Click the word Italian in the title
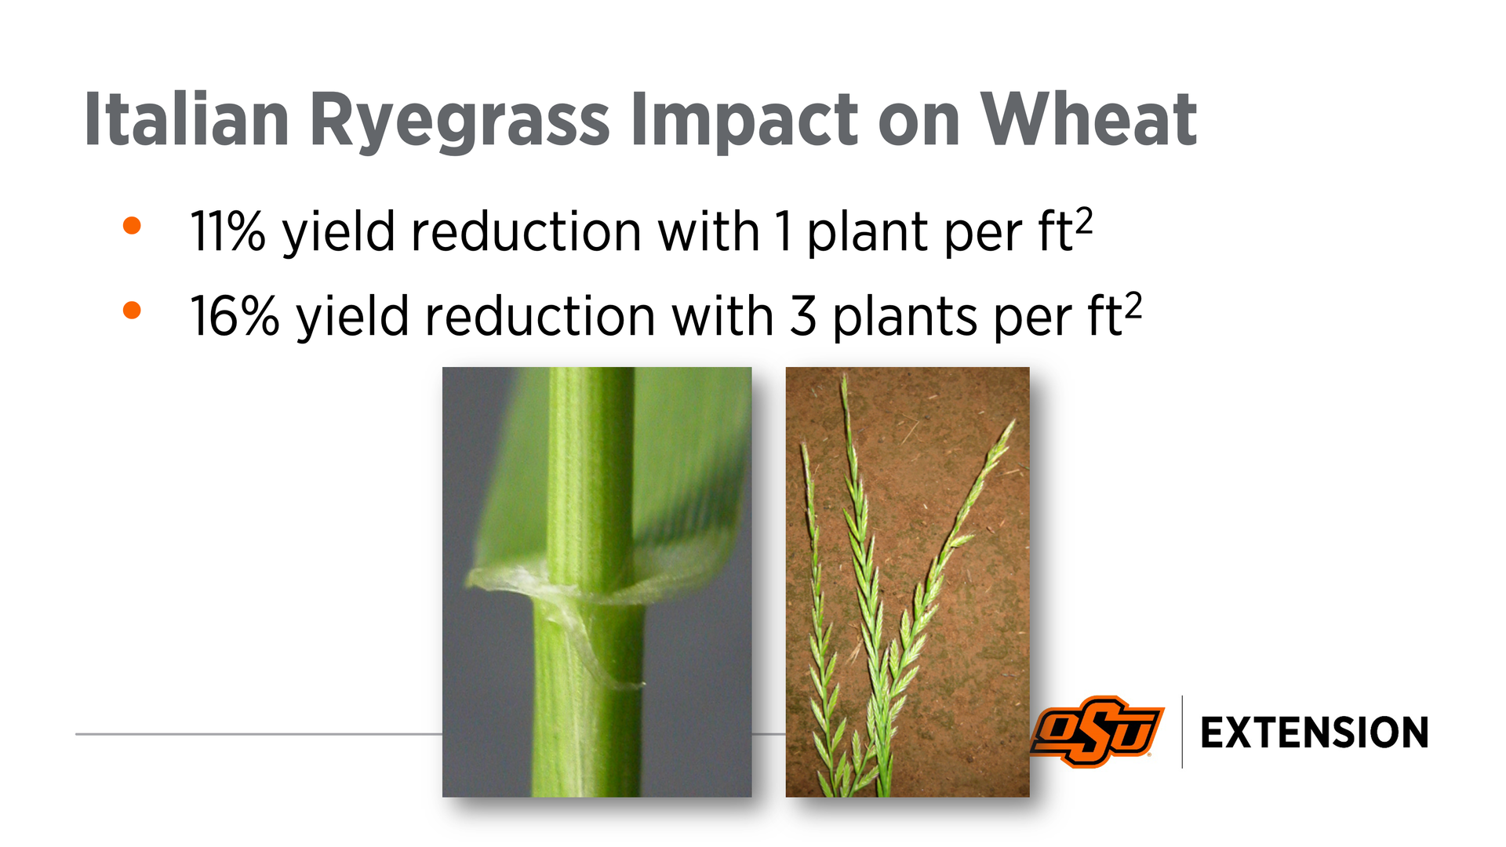pos(187,119)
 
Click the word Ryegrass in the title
pos(460,122)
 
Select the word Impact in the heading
pos(744,122)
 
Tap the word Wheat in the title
pos(1089,119)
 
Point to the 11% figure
pos(228,231)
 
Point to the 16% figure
pos(235,316)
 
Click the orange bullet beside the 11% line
pos(132,226)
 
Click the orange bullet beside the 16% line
pos(132,311)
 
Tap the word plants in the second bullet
pos(905,318)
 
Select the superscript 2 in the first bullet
pos(1083,220)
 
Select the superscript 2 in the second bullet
pos(1133,305)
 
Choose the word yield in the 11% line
pos(338,233)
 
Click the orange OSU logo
pos(1097,731)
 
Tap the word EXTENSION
pos(1315,733)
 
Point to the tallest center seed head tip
pos(844,376)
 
